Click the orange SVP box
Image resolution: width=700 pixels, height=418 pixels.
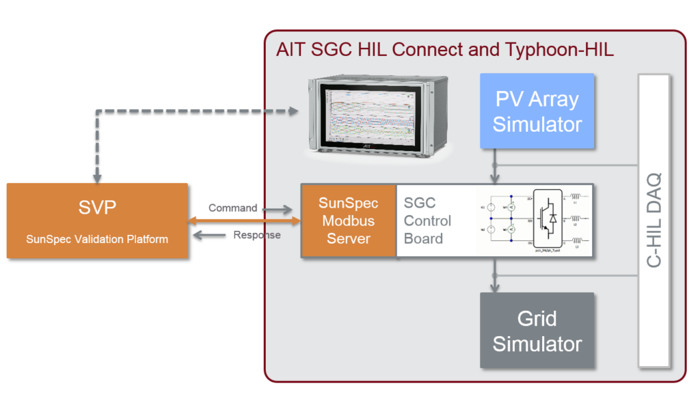[97, 220]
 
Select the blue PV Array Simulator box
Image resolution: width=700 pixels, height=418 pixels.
[537, 111]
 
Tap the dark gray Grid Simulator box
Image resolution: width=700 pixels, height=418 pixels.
[537, 331]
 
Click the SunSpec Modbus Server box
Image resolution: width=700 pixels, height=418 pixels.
[348, 221]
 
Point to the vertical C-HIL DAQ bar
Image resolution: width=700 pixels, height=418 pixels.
[654, 220]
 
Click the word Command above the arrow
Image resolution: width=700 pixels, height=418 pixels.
[232, 208]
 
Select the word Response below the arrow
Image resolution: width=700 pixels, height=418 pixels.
[256, 235]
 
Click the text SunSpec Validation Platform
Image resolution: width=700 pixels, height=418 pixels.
[97, 239]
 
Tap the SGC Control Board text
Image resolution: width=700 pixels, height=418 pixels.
[427, 221]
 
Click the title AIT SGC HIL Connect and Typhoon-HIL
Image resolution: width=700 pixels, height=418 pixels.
[444, 50]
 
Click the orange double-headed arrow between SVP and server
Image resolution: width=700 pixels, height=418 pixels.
[244, 221]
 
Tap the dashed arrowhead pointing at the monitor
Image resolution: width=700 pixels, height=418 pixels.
[295, 111]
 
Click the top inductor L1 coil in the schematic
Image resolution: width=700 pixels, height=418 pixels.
[577, 199]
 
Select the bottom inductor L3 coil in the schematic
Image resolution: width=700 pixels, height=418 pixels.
[577, 240]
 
